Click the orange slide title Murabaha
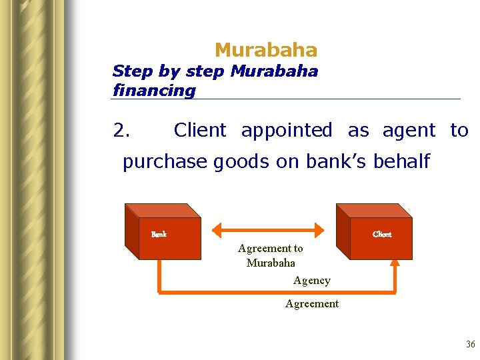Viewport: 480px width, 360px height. click(x=266, y=50)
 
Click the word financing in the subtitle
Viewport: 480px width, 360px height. click(x=154, y=90)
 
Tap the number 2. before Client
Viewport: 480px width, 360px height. click(x=121, y=131)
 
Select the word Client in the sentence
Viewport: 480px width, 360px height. click(x=200, y=131)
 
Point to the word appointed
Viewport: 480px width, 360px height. click(x=287, y=131)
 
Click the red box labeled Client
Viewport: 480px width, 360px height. click(x=377, y=237)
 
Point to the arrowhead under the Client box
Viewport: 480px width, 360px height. click(x=394, y=263)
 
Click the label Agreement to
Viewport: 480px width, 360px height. click(x=270, y=249)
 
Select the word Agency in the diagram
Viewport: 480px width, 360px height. click(x=311, y=281)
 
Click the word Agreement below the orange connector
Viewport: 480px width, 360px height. click(x=311, y=304)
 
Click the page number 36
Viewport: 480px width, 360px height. click(x=471, y=345)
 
